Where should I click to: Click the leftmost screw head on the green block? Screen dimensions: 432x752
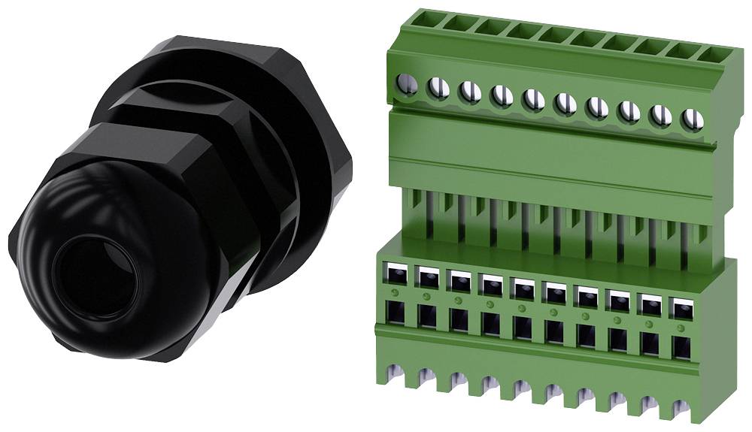click(408, 85)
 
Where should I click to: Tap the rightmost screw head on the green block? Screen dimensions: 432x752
click(692, 119)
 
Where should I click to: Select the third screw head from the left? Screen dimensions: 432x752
click(469, 92)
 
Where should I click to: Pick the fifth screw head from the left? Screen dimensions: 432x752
click(533, 99)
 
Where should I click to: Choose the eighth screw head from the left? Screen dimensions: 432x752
click(629, 112)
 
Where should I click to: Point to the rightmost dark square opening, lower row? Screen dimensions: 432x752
click(681, 346)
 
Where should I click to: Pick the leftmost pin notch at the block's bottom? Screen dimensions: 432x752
click(391, 370)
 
